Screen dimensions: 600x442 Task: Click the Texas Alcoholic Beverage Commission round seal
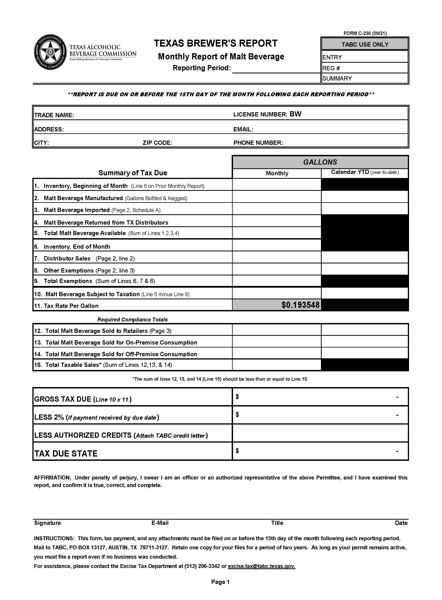point(50,52)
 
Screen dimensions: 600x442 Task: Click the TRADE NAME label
point(54,115)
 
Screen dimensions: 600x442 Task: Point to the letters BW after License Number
point(295,114)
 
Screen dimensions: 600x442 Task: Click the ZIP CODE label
point(157,143)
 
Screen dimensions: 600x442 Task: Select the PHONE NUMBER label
point(258,143)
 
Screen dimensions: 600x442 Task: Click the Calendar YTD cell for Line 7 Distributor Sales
point(364,257)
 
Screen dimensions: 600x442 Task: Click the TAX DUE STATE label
point(66,454)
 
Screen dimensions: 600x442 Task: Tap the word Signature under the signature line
point(47,523)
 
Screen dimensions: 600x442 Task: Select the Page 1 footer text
point(220,582)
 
